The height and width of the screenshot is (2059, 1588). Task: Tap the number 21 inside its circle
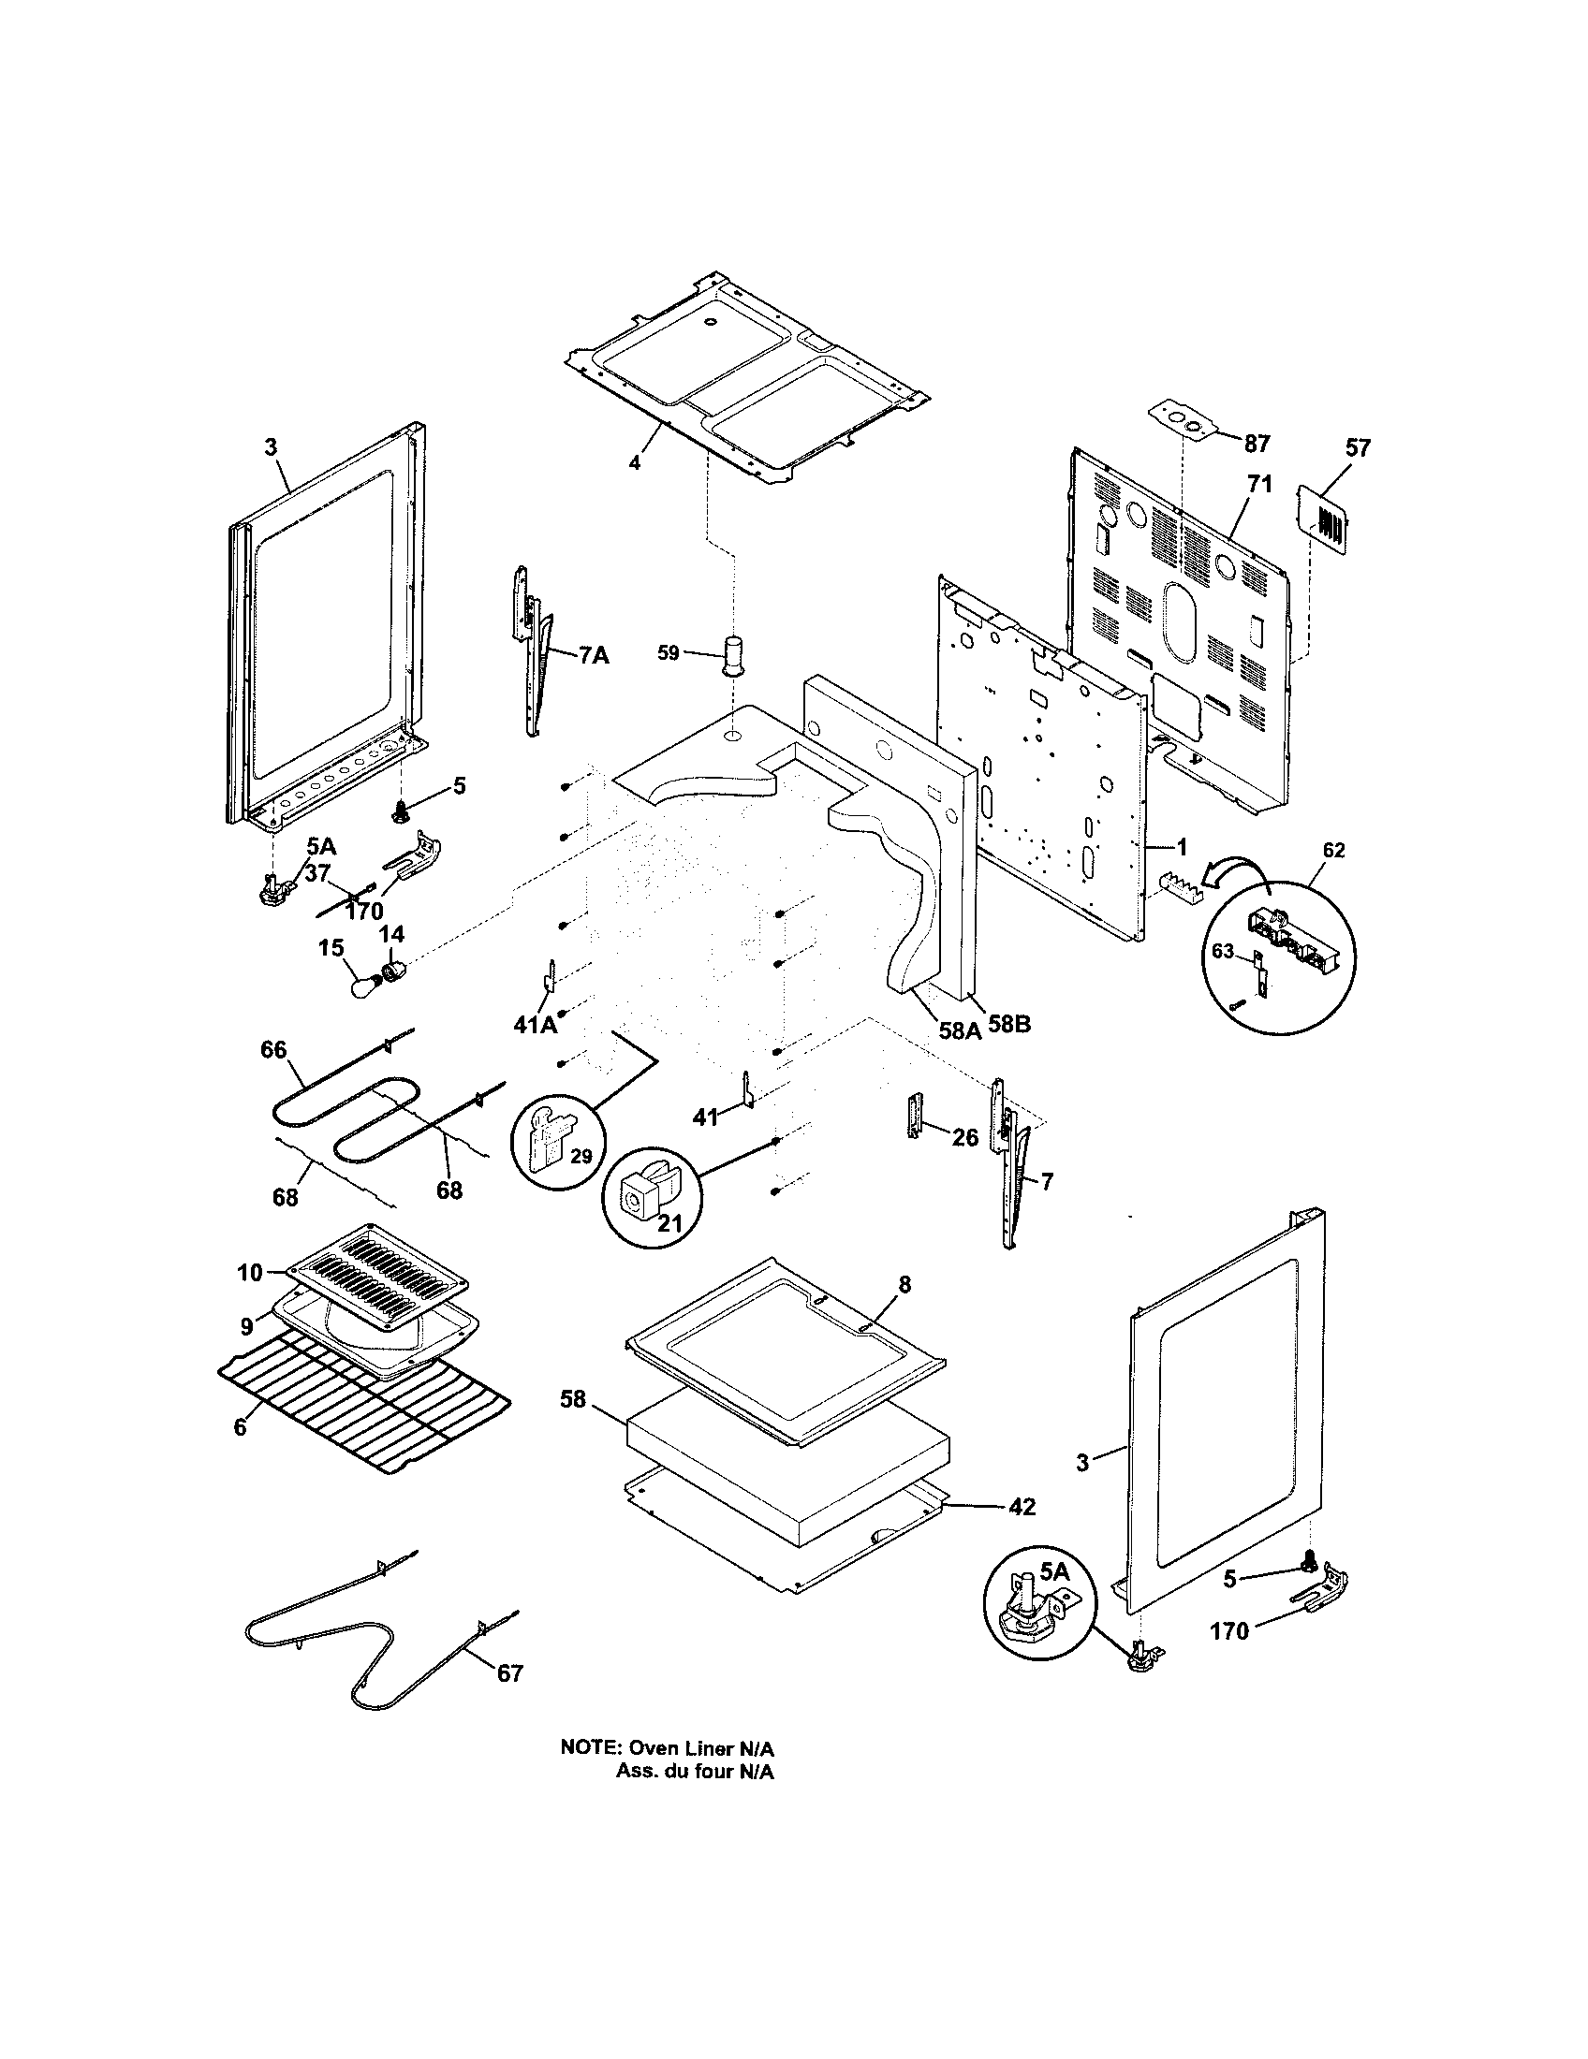[x=669, y=1223]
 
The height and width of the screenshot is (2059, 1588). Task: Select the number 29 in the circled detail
[x=581, y=1156]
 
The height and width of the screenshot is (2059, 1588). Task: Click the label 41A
[x=535, y=1024]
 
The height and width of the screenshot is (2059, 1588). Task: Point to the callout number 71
[x=1259, y=485]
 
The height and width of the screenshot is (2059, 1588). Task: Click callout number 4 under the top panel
[x=635, y=463]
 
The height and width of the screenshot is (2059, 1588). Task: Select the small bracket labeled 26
[x=914, y=1117]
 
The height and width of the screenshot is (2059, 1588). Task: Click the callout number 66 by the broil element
[x=273, y=1049]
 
